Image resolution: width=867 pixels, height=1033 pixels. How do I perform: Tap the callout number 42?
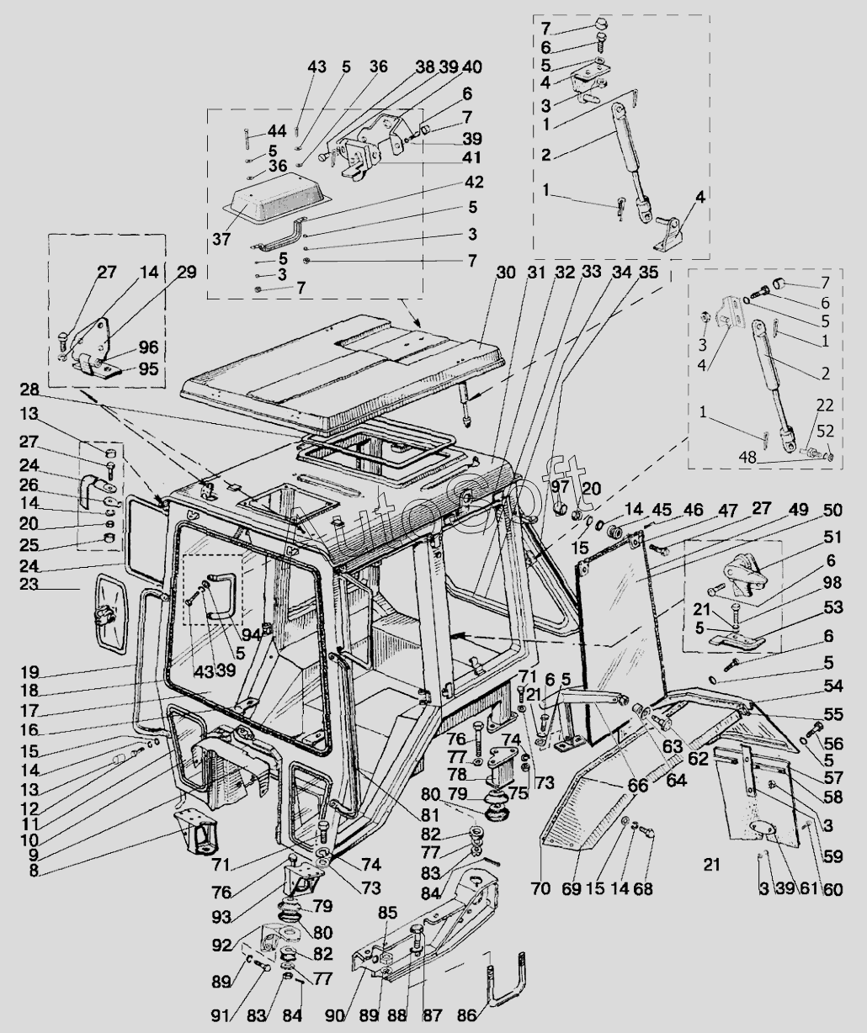474,182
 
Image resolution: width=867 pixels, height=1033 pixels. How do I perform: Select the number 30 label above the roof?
506,273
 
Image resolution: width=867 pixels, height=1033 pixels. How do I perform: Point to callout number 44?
277,131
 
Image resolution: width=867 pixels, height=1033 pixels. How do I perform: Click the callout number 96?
148,347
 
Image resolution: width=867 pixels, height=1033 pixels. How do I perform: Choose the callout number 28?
29,389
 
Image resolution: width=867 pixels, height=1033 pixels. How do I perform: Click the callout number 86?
466,1014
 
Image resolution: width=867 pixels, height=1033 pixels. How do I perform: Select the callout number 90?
336,1014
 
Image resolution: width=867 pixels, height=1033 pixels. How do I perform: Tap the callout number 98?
832,582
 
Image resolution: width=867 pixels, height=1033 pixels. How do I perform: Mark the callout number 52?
825,431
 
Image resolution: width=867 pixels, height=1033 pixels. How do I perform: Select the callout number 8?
33,871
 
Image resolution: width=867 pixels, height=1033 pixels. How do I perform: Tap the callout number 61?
808,888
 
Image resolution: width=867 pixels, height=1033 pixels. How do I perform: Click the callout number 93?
222,918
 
